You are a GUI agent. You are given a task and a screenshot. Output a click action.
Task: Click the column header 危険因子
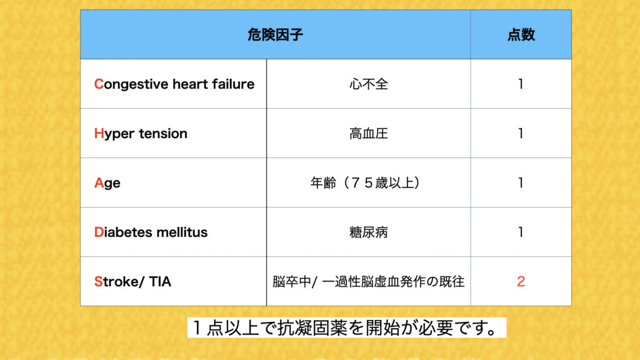[275, 35]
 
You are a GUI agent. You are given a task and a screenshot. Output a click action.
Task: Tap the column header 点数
[521, 35]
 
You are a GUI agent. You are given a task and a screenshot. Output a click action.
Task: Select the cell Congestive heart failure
[174, 84]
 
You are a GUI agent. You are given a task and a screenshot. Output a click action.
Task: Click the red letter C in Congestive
[99, 84]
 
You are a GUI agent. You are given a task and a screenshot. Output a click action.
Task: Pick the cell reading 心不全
[369, 84]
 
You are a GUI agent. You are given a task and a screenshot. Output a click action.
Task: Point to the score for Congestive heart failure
[521, 84]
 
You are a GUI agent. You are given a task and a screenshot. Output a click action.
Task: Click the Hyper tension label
[141, 134]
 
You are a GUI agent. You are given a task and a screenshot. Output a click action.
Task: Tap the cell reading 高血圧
[369, 134]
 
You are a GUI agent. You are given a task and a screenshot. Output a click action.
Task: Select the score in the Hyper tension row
[521, 134]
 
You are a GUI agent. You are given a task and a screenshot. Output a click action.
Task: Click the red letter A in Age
[99, 183]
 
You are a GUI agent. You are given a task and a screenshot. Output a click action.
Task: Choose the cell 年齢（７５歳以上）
[366, 183]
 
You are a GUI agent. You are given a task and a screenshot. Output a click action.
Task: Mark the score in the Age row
[521, 183]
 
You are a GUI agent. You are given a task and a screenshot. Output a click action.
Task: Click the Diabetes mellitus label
[151, 232]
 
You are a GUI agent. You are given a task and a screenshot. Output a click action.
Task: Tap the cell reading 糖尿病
[369, 232]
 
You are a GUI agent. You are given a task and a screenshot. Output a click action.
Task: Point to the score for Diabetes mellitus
[521, 232]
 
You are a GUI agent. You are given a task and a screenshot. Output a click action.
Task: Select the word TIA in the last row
[160, 282]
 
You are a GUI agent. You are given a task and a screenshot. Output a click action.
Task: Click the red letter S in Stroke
[98, 282]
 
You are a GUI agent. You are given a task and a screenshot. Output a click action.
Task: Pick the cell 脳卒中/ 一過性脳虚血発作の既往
[369, 282]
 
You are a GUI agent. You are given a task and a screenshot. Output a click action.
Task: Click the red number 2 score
[521, 282]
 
